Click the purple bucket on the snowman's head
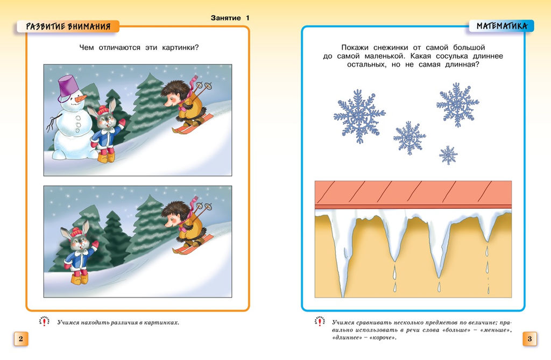point(69,87)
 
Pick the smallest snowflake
point(448,155)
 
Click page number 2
point(20,338)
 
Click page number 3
point(529,338)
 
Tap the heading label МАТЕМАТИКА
point(501,25)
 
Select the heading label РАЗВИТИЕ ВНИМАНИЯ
point(68,26)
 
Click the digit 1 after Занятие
point(248,18)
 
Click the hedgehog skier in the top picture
point(186,105)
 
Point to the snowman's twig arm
point(52,123)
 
